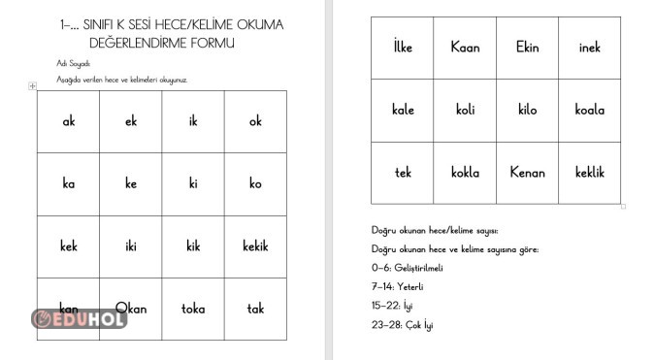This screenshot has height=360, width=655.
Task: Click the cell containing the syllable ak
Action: click(x=69, y=122)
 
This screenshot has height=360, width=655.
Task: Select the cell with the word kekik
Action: click(x=255, y=246)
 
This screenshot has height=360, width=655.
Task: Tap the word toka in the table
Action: click(x=193, y=309)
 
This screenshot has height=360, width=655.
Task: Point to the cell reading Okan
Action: click(x=131, y=309)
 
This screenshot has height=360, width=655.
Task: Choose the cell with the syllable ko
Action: click(x=255, y=184)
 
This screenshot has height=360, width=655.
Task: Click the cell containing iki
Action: click(x=131, y=246)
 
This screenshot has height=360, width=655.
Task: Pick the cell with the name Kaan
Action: click(x=465, y=48)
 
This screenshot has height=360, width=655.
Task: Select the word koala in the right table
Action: click(x=589, y=110)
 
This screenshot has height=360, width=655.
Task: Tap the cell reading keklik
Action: click(x=589, y=173)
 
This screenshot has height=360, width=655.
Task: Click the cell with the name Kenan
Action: click(x=527, y=173)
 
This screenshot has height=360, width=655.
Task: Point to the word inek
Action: click(x=589, y=48)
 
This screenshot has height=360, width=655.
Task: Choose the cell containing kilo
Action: click(x=527, y=110)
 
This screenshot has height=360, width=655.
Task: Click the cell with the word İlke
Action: click(x=403, y=48)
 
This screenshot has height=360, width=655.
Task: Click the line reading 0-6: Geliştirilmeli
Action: click(x=407, y=267)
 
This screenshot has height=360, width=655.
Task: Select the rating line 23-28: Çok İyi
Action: click(x=402, y=324)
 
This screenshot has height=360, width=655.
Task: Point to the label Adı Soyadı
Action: click(x=73, y=63)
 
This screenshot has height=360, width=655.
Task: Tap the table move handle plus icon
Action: click(x=33, y=86)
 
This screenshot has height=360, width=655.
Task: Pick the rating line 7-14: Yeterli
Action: click(x=397, y=286)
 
